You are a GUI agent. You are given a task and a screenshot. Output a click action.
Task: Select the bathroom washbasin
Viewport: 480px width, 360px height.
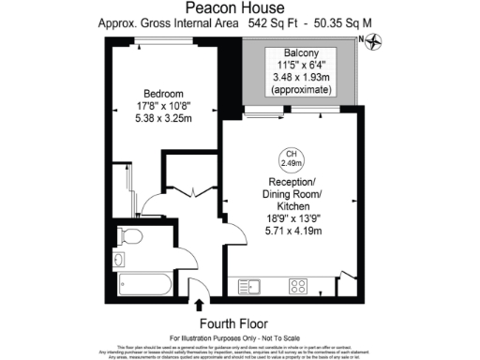pos(120,260)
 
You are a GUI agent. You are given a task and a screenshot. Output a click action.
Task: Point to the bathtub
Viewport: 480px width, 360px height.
pos(142,285)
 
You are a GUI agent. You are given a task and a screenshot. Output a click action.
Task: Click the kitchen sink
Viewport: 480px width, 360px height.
pos(254,285)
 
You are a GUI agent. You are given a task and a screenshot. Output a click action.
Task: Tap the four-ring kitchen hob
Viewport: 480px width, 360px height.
pos(300,285)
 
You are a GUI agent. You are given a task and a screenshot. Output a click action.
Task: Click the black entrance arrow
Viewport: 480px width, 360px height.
pos(199,303)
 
